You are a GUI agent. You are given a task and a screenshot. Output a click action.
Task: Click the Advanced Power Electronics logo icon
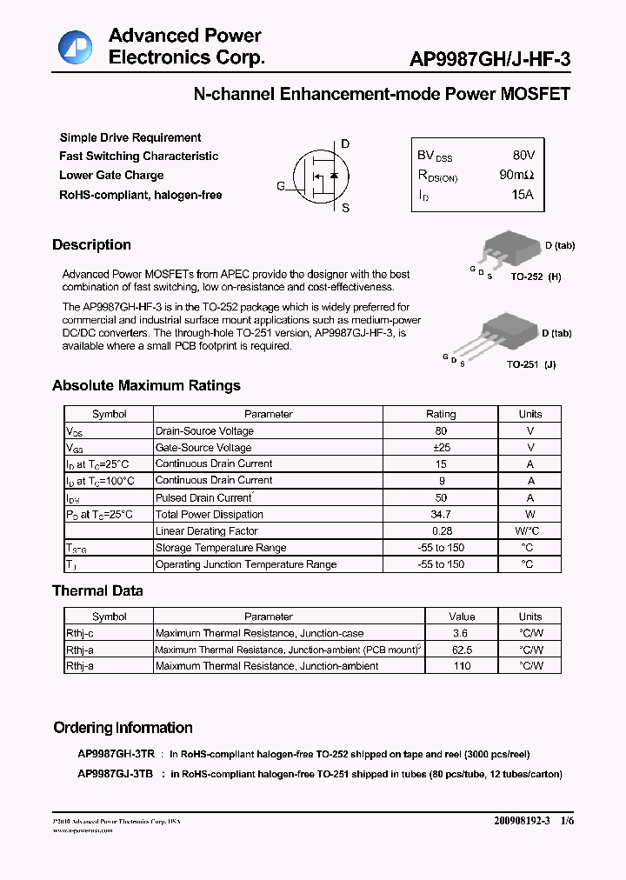pos(75,48)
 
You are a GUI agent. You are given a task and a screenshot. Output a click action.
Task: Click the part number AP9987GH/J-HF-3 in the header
pos(490,59)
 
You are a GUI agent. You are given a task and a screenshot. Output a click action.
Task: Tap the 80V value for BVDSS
pos(523,156)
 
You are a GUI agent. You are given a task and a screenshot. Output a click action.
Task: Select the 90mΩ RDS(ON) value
pos(516,175)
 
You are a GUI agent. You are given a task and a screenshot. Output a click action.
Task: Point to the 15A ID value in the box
pos(523,195)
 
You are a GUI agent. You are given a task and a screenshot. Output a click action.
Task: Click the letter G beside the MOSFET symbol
pos(280,186)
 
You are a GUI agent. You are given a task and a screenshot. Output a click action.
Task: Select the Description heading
pos(91,245)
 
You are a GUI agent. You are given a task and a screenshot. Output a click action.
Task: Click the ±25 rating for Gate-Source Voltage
pos(441,448)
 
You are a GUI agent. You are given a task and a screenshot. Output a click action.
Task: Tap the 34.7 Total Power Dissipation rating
pos(441,515)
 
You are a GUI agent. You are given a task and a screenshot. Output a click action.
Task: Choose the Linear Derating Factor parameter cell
pos(206,531)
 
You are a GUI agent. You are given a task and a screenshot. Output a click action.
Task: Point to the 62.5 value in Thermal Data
pos(462,650)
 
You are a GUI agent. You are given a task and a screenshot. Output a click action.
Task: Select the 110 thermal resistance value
pos(462,666)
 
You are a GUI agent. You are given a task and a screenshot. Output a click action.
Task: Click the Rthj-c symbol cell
pos(80,633)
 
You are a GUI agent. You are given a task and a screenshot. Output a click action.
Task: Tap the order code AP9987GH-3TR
pos(117,755)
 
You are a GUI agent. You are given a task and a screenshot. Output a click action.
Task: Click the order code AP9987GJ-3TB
pos(116,774)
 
